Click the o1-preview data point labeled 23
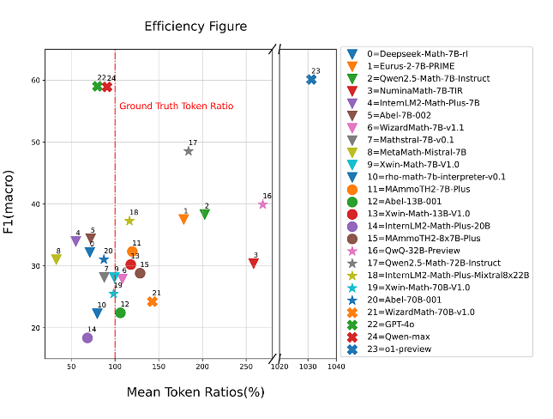(311, 80)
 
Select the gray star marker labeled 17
(189, 151)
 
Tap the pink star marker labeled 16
(263, 204)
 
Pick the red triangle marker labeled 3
(254, 263)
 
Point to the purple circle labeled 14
(87, 338)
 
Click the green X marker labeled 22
(98, 87)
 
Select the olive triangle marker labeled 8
(57, 259)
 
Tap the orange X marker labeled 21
(153, 301)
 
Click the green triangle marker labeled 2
(205, 215)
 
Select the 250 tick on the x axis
(245, 367)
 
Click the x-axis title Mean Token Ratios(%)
(195, 392)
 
